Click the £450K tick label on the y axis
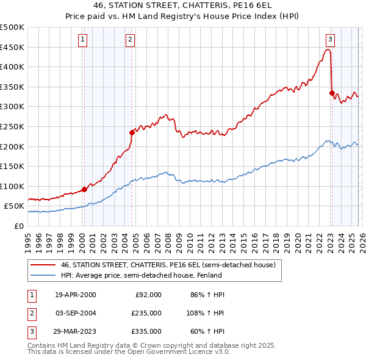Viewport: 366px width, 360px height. (13, 47)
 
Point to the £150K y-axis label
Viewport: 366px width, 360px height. (13, 166)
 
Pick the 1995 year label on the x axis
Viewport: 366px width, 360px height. (28, 239)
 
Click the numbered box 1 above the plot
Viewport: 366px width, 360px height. (83, 40)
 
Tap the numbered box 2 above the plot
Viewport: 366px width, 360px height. (131, 40)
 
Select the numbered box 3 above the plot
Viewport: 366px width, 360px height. (330, 40)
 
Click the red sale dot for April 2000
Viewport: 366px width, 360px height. (84, 189)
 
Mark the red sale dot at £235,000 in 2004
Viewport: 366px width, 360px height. (132, 132)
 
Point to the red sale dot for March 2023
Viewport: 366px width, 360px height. (332, 93)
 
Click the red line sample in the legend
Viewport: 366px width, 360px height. (43, 265)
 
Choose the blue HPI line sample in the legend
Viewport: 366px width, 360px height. (43, 275)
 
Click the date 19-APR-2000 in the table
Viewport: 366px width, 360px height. (75, 295)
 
